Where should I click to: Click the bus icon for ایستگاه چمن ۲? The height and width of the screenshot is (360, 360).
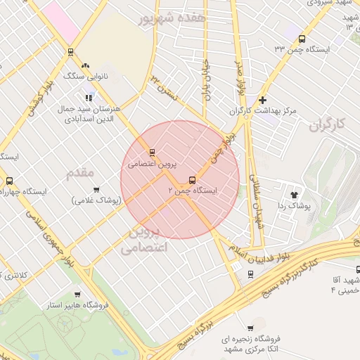point(193,179)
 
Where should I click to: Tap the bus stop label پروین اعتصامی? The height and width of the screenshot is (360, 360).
point(151,163)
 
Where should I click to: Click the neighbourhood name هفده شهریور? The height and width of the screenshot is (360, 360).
point(173,18)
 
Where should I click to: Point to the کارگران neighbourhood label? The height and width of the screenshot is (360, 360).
point(328,124)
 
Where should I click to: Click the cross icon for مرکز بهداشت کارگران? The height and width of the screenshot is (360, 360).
point(263,100)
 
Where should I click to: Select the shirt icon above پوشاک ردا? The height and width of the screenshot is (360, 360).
point(294,195)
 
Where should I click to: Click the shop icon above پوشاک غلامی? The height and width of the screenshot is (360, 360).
point(96,189)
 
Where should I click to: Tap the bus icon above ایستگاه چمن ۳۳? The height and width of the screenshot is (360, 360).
point(302,39)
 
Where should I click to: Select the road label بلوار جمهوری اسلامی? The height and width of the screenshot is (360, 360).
point(48,236)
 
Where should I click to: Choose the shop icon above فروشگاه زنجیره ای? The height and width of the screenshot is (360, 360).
point(250,328)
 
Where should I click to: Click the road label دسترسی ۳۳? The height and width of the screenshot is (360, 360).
point(164,86)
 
